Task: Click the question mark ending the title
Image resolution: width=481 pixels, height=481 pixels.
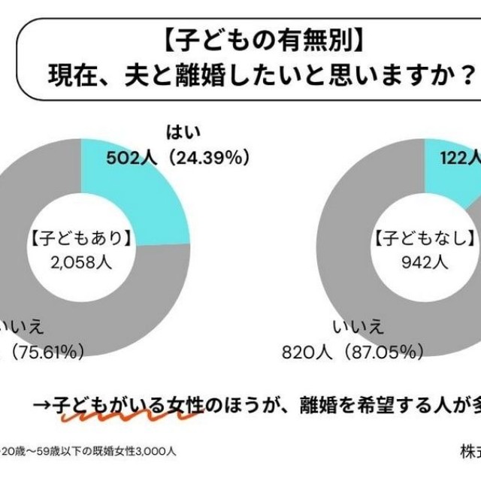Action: pos(467,74)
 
